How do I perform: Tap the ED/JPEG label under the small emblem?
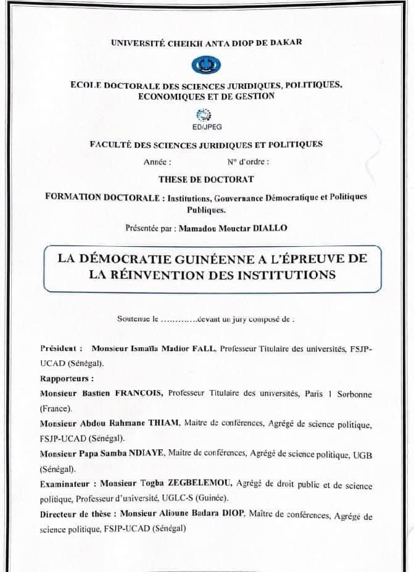(x=207, y=126)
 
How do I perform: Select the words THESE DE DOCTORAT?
(x=206, y=179)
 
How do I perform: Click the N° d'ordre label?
(x=248, y=162)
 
